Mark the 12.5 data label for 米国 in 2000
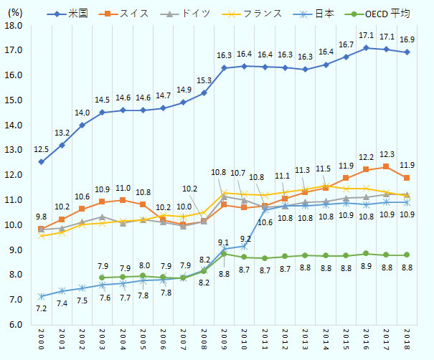pyautogui.click(x=41, y=148)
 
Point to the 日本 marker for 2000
pyautogui.click(x=41, y=296)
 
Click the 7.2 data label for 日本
pyautogui.click(x=41, y=308)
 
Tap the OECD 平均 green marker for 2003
pyautogui.click(x=102, y=278)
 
